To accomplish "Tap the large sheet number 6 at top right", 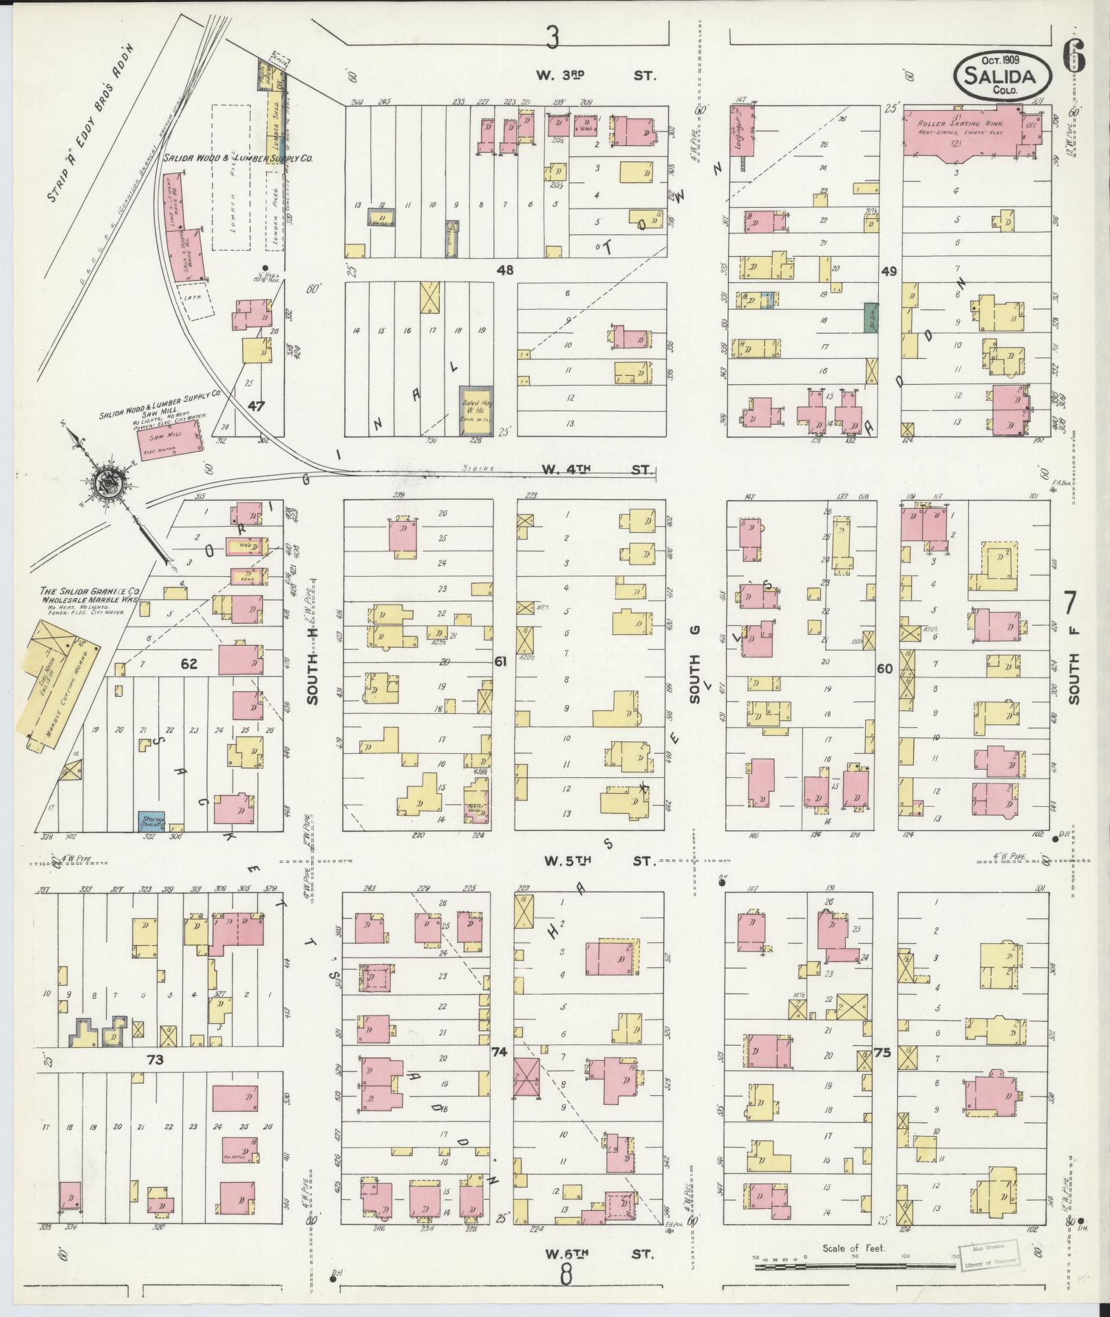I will coord(1076,56).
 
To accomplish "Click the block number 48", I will coord(505,271).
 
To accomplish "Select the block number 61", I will coord(500,662).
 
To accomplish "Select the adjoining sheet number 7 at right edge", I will coord(1071,602).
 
